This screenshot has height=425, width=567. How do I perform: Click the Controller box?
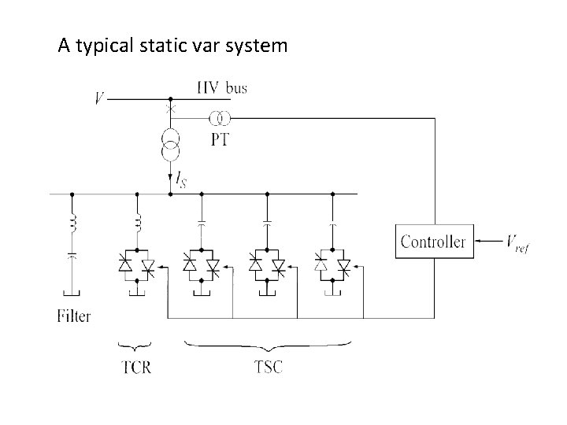[x=432, y=241]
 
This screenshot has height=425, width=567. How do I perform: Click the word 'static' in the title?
[x=156, y=46]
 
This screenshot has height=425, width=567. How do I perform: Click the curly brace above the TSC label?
[x=269, y=344]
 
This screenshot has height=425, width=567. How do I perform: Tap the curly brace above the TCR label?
[x=135, y=344]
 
